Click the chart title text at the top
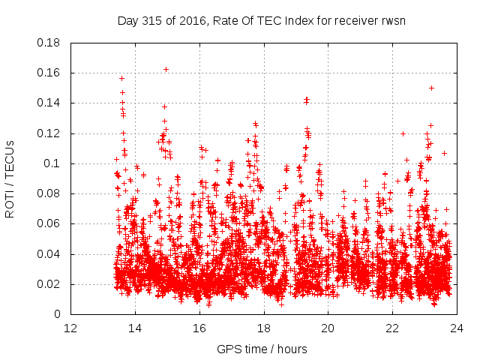click(262, 20)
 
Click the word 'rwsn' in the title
click(391, 20)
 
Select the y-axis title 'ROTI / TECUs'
click(10, 178)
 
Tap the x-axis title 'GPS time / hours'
click(262, 349)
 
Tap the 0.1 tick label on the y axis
click(55, 163)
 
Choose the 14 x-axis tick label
click(136, 328)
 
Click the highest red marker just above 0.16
click(166, 69)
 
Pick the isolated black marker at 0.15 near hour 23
click(431, 88)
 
